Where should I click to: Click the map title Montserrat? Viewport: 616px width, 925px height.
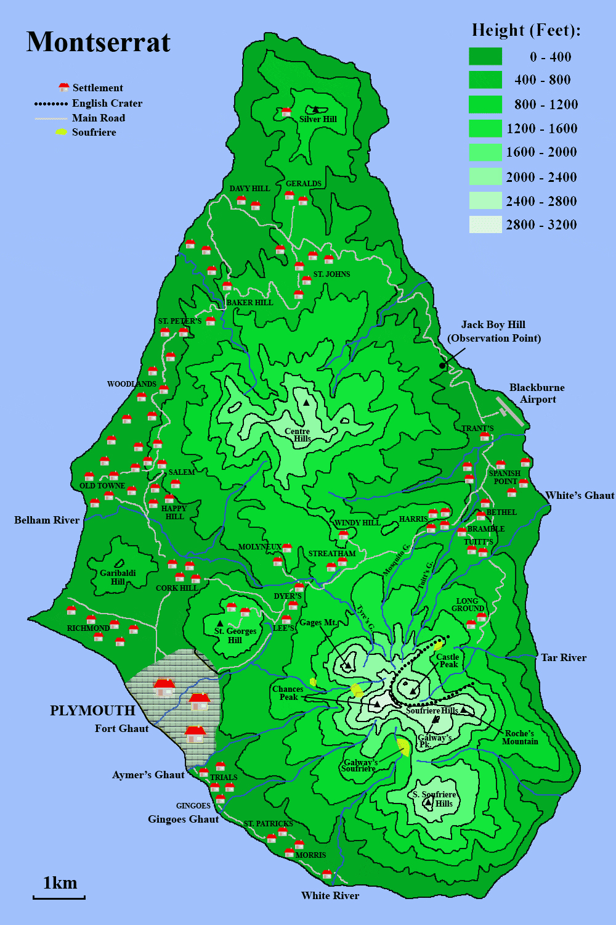click(x=99, y=43)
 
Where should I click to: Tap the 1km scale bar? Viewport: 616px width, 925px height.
click(x=59, y=897)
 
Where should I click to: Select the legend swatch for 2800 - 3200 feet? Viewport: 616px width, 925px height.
click(x=485, y=224)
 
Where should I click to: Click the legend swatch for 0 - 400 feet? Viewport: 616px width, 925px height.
click(x=485, y=56)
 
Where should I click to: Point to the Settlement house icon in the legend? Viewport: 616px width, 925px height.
click(x=63, y=88)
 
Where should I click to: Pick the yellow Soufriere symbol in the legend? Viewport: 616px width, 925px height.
click(x=61, y=132)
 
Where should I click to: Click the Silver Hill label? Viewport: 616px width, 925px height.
click(x=318, y=119)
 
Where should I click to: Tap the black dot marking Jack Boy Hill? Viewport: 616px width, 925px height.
click(x=442, y=366)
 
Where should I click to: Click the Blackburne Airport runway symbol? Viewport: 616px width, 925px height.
click(x=510, y=411)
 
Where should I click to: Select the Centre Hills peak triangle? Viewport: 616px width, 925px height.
click(x=306, y=403)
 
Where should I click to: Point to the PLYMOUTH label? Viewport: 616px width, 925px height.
click(x=92, y=710)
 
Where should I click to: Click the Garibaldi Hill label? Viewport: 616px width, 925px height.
click(x=118, y=577)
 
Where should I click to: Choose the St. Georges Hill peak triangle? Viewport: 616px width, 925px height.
click(x=220, y=623)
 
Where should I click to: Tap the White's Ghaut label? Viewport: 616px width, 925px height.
click(x=580, y=495)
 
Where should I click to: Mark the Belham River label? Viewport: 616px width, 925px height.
click(x=47, y=520)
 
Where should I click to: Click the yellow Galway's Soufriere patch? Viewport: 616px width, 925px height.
click(x=403, y=747)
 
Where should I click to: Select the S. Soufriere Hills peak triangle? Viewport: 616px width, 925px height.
click(x=428, y=802)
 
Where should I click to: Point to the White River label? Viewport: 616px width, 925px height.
click(x=330, y=895)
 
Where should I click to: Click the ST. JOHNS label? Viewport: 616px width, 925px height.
click(x=331, y=274)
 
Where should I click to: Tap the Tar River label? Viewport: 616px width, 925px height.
click(x=564, y=657)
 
